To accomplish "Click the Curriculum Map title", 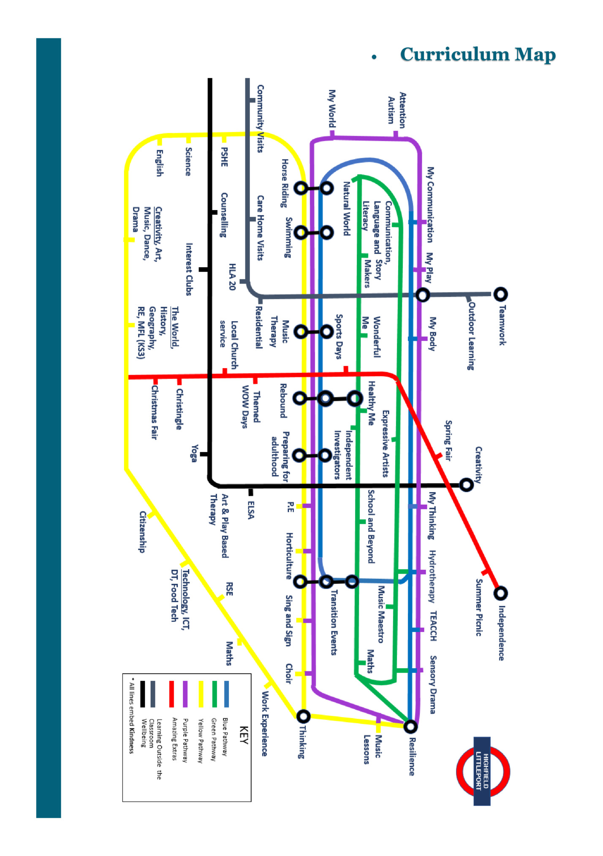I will coord(478,54).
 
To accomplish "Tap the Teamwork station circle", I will coord(500,294).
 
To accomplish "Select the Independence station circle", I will coord(500,593).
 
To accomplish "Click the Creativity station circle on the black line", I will coord(466,485).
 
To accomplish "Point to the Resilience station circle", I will coord(410,726).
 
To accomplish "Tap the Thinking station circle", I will coord(303,716).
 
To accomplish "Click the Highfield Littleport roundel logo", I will coord(483,771).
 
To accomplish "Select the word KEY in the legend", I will coord(244,735).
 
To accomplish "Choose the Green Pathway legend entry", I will coord(214,739).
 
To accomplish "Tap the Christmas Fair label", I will coord(154,412).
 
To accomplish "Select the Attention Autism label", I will coord(397,111).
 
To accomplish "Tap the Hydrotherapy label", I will coord(432,576).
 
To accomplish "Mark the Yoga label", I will coord(194,453).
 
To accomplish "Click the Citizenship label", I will coord(143,532).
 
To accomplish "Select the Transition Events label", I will coord(334,622).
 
